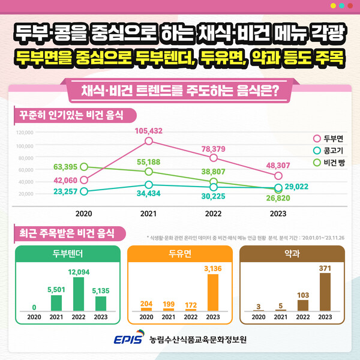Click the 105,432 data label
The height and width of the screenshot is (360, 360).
(x=149, y=130)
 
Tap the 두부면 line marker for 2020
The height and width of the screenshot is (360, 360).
(x=84, y=180)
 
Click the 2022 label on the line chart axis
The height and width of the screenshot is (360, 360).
(x=213, y=212)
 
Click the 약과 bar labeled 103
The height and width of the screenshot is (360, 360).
(x=302, y=305)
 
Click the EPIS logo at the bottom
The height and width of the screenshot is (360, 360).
(x=129, y=340)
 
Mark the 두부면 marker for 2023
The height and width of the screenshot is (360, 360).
(x=278, y=176)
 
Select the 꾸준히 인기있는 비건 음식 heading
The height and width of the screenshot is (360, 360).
(x=71, y=114)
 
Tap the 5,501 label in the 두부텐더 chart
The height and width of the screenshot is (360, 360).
(x=56, y=289)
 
